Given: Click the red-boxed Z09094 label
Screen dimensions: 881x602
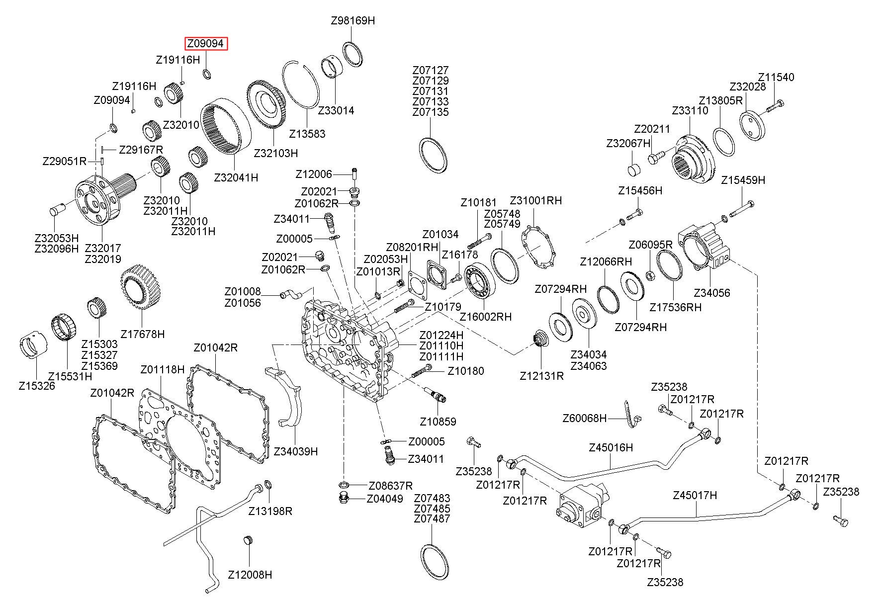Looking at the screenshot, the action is click(206, 44).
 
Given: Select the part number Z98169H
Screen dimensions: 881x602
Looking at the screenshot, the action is click(352, 21).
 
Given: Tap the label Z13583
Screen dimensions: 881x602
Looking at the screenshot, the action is click(307, 134).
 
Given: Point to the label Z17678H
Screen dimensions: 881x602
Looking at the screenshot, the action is click(143, 334).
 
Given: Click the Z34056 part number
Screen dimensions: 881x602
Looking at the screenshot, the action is click(711, 293).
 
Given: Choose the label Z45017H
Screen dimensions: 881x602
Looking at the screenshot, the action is click(695, 495).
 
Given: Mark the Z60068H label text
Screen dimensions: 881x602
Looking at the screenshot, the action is click(585, 418).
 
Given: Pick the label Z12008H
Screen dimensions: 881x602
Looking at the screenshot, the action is click(250, 575).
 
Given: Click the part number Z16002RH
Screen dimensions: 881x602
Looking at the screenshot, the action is click(485, 317).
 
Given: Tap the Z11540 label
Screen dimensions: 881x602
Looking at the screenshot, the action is click(776, 78).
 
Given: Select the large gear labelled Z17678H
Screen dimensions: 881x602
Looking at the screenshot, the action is click(140, 287).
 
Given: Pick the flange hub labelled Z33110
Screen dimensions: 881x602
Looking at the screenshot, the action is click(694, 160).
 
